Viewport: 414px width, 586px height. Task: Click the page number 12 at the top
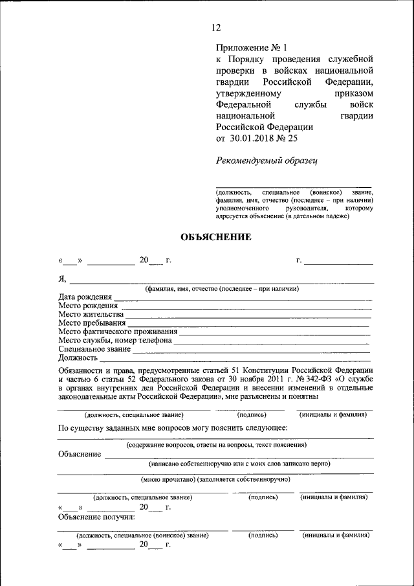click(x=216, y=27)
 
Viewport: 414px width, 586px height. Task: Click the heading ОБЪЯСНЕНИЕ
click(x=215, y=237)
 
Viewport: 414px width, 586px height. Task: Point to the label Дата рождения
click(x=84, y=297)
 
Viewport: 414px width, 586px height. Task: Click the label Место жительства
click(x=91, y=314)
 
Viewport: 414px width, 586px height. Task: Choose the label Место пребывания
click(x=91, y=322)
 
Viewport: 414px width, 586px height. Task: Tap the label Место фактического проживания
click(x=117, y=332)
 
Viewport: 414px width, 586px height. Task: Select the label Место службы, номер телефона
click(x=114, y=340)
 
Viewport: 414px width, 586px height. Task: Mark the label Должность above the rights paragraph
click(x=78, y=357)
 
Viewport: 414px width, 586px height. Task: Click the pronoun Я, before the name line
click(x=63, y=279)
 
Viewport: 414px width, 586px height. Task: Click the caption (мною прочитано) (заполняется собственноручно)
click(x=215, y=479)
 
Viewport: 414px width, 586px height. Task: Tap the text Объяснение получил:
click(x=96, y=517)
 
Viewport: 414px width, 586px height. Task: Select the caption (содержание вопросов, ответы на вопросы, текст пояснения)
click(x=216, y=445)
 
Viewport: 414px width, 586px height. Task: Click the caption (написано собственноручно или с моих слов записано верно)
click(x=239, y=463)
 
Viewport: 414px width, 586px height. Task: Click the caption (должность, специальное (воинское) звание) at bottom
click(x=142, y=535)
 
